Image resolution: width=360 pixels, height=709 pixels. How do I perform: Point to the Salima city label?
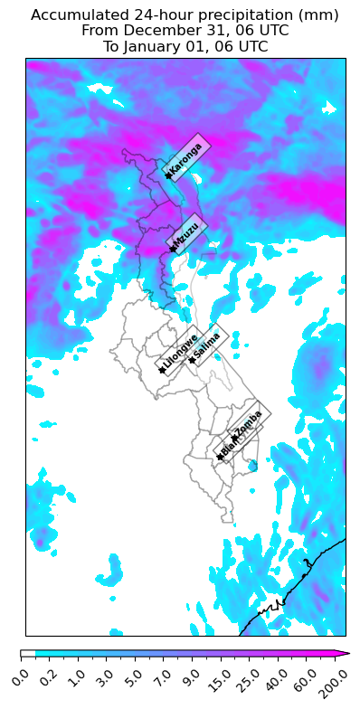207,345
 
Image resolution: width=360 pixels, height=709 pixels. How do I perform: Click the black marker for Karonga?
168,175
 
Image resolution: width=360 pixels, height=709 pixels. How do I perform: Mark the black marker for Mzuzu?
172,249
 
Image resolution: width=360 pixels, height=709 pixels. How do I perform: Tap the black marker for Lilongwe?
162,369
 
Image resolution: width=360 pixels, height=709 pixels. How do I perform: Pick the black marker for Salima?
192,360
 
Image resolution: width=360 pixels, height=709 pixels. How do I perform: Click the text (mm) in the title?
320,14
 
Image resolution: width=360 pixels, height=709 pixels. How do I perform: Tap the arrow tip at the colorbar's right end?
348,653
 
